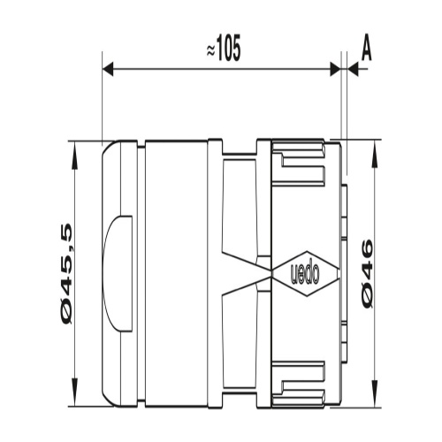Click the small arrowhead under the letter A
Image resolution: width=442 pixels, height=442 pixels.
[x=352, y=69]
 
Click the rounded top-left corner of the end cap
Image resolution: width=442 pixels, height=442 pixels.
[x=109, y=147]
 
